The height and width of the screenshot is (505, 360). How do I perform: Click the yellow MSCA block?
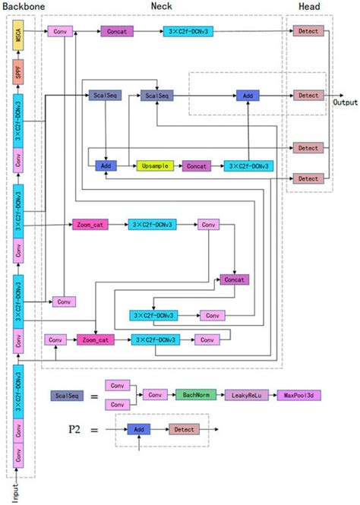coord(18,36)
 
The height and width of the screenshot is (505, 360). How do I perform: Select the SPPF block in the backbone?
coord(18,71)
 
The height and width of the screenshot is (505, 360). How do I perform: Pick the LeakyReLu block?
coord(247,395)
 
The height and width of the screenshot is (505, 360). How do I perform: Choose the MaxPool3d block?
coord(299,395)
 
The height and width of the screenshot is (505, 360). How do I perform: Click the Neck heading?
coord(160,5)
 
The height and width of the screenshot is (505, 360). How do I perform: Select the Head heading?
coord(308,5)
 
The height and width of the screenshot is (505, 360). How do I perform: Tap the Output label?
coord(344,101)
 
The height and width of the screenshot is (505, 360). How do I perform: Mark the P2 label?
coord(74,429)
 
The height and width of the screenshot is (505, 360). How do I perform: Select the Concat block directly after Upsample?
coord(197,165)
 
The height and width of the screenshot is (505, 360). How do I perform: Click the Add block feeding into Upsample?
coord(105,165)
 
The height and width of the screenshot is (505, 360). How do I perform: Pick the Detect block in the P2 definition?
coord(184,429)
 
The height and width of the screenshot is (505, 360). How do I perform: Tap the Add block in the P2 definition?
coord(139,429)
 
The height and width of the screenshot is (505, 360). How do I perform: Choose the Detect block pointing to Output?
coord(308,96)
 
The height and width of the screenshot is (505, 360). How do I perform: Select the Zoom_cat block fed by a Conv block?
coord(95,339)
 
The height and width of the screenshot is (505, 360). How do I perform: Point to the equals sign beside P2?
coord(94,430)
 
